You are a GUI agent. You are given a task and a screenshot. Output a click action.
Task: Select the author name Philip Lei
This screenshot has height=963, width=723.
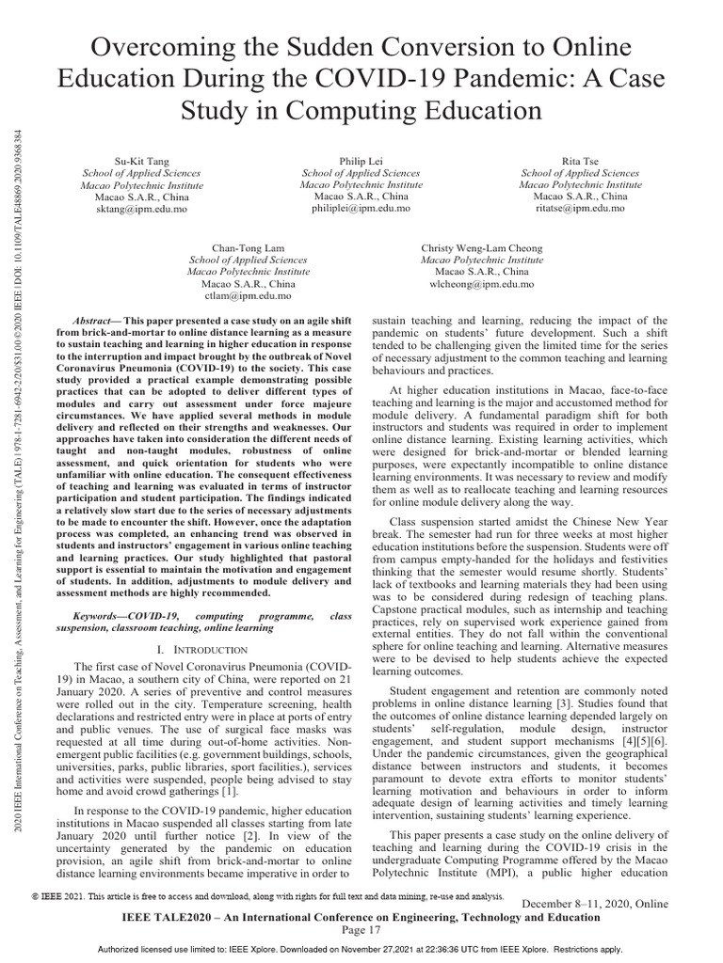pyautogui.click(x=361, y=162)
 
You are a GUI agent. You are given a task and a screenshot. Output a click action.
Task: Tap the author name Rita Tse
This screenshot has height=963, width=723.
pyautogui.click(x=580, y=162)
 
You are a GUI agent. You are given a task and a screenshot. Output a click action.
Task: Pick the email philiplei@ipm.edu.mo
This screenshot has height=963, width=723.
pyautogui.click(x=361, y=208)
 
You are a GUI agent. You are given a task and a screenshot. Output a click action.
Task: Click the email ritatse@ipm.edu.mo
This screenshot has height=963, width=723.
pyautogui.click(x=580, y=208)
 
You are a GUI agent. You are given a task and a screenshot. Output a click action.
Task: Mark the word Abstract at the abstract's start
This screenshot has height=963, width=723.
pyautogui.click(x=93, y=321)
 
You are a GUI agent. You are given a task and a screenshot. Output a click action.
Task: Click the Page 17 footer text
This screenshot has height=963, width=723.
pyautogui.click(x=361, y=930)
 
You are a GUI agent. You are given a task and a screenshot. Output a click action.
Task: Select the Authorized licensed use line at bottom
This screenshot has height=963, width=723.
pyautogui.click(x=361, y=950)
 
